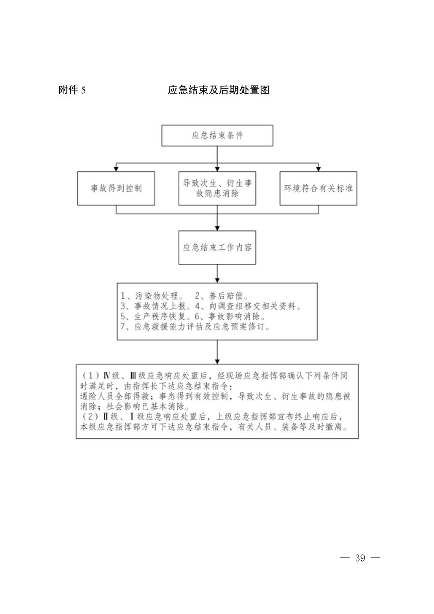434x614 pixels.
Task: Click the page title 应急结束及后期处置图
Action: (218, 90)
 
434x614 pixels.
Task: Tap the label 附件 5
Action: (72, 90)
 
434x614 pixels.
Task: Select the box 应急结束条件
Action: (217, 135)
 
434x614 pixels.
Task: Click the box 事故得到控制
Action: (116, 188)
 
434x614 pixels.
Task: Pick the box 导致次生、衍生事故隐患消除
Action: (217, 188)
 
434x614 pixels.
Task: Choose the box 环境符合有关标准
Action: (318, 188)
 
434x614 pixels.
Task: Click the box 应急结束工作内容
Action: (217, 247)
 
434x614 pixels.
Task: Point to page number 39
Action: (360, 558)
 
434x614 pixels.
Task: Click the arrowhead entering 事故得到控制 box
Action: (116, 168)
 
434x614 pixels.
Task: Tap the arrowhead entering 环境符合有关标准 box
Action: (318, 168)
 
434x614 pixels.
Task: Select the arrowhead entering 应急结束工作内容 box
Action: (217, 228)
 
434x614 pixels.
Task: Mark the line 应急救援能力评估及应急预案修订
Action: (202, 326)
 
